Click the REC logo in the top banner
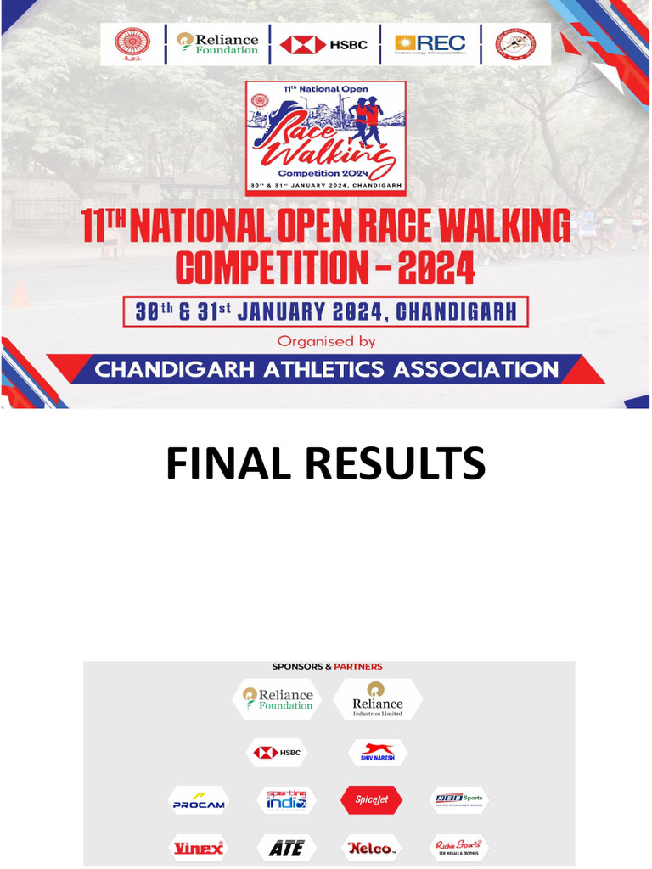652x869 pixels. pos(430,44)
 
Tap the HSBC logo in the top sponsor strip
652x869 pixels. pos(323,44)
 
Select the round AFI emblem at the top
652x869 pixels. pos(132,44)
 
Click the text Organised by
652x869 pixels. pos(326,341)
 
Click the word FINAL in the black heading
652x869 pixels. pos(223,464)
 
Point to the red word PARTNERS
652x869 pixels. pos(357,667)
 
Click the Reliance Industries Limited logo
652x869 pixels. pos(378,700)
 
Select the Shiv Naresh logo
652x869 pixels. pos(378,753)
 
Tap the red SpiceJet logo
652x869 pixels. pos(371,800)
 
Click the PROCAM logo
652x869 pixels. pos(199,801)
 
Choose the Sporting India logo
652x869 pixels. pos(286,800)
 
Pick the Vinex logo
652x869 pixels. pos(199,847)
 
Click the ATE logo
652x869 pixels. pos(286,848)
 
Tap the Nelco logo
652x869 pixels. pos(371,848)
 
